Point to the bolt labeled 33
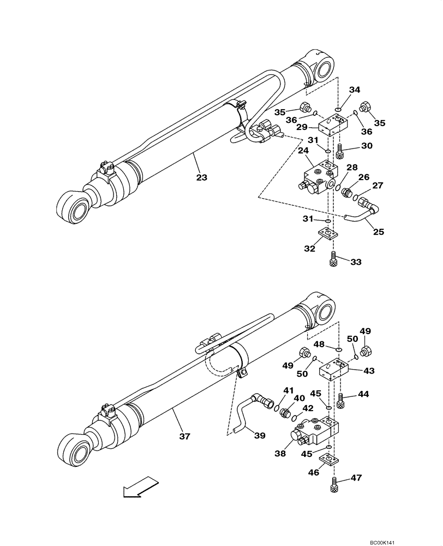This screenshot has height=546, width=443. [x=333, y=259]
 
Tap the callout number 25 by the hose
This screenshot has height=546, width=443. [x=378, y=232]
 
